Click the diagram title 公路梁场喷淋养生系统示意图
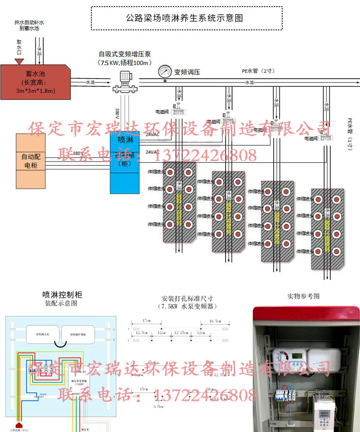coord(184,18)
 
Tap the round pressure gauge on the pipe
coord(164,72)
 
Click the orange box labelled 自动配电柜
coord(31,160)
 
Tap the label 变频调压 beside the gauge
coord(187,72)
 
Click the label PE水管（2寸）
coord(257,71)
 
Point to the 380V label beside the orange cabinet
coord(78,154)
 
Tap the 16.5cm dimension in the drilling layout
coord(215,321)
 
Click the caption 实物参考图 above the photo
coord(303,296)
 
